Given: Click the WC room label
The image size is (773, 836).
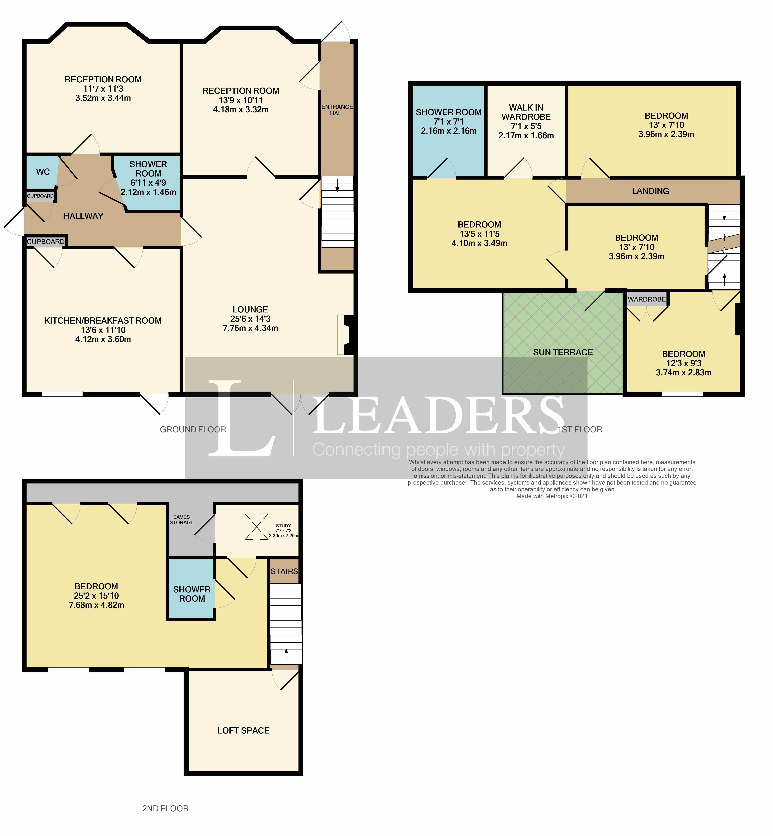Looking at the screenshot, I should click(x=43, y=172).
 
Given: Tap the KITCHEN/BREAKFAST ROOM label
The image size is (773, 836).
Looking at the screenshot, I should click(x=103, y=321).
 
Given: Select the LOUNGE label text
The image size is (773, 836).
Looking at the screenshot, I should click(x=250, y=309).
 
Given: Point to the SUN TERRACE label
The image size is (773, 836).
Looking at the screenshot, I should click(x=563, y=353).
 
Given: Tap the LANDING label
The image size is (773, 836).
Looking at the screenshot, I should click(x=650, y=191).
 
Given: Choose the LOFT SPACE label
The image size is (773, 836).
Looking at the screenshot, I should click(x=243, y=730).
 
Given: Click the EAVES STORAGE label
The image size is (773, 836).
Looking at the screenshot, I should click(x=182, y=519).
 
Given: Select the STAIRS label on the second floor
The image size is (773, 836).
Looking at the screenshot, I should click(x=284, y=571).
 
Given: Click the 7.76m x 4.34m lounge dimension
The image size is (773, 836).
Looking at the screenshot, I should click(x=250, y=328).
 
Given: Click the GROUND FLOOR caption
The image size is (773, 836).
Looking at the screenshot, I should click(x=193, y=429).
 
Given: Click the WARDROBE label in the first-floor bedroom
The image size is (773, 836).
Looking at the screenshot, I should click(x=647, y=299).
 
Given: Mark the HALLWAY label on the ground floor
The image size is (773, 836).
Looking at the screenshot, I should click(x=83, y=216).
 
